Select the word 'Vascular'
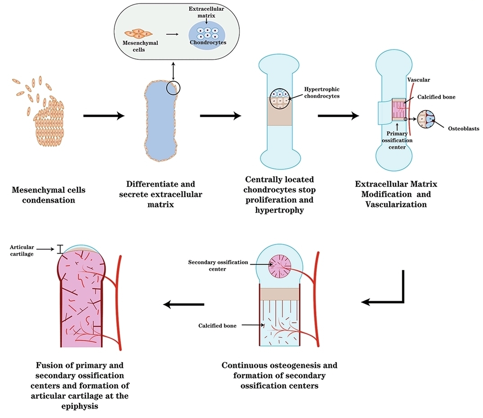[x=419, y=80]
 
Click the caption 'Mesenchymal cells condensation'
[x=49, y=195]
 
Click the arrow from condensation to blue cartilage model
[x=104, y=116]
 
